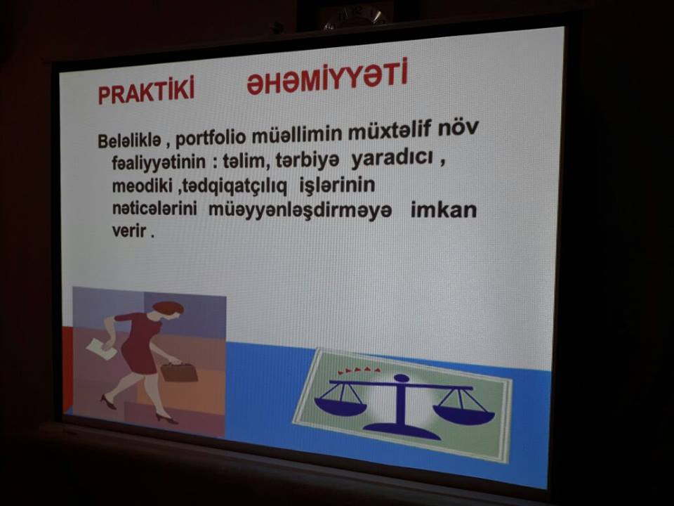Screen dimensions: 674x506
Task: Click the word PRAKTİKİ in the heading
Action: click(146, 90)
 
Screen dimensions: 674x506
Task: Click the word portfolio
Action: click(211, 138)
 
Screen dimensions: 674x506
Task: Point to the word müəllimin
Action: click(296, 134)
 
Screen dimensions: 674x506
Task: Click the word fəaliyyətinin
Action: click(159, 162)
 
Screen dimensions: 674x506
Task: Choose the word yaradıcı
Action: click(392, 159)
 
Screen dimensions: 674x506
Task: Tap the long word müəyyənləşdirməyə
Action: click(300, 210)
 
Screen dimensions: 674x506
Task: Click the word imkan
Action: click(444, 210)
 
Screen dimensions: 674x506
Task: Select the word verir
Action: click(129, 231)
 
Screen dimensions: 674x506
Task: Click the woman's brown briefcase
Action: click(179, 372)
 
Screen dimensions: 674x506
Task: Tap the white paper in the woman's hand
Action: click(101, 348)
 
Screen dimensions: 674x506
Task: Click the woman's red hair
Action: click(168, 307)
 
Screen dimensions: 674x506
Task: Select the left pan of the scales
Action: click(341, 406)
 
